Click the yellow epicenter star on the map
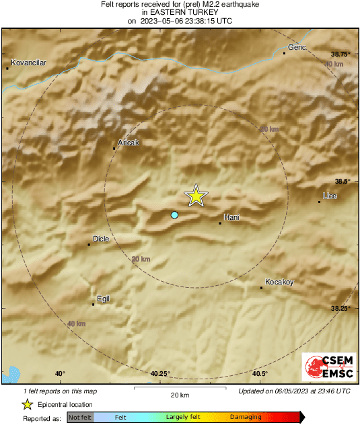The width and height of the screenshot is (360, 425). [x=196, y=196]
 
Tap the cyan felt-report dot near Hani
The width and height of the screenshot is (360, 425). [x=174, y=215]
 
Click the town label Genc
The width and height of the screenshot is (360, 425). [x=297, y=47]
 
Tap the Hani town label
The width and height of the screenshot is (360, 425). [x=231, y=217]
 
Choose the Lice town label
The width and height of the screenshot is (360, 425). [x=330, y=196]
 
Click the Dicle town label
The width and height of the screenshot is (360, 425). [x=100, y=239]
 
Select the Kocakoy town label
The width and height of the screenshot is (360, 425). [x=279, y=282]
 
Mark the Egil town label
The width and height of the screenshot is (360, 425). [x=103, y=299]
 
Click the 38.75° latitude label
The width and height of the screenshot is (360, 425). [x=341, y=54]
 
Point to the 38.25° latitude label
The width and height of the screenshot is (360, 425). [x=341, y=308]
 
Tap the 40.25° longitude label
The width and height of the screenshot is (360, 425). [x=161, y=374]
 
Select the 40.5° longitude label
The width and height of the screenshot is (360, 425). [x=260, y=374]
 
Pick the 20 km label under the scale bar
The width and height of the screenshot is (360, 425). [x=179, y=395]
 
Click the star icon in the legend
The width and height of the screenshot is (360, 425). [x=28, y=404]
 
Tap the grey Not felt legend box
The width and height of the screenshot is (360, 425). [x=80, y=418]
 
